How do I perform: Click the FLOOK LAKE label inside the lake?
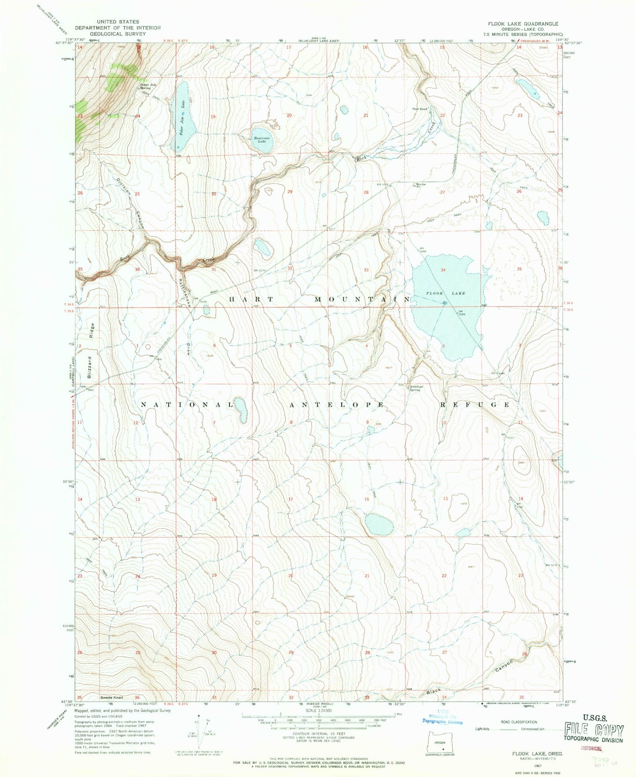tap(445, 293)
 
